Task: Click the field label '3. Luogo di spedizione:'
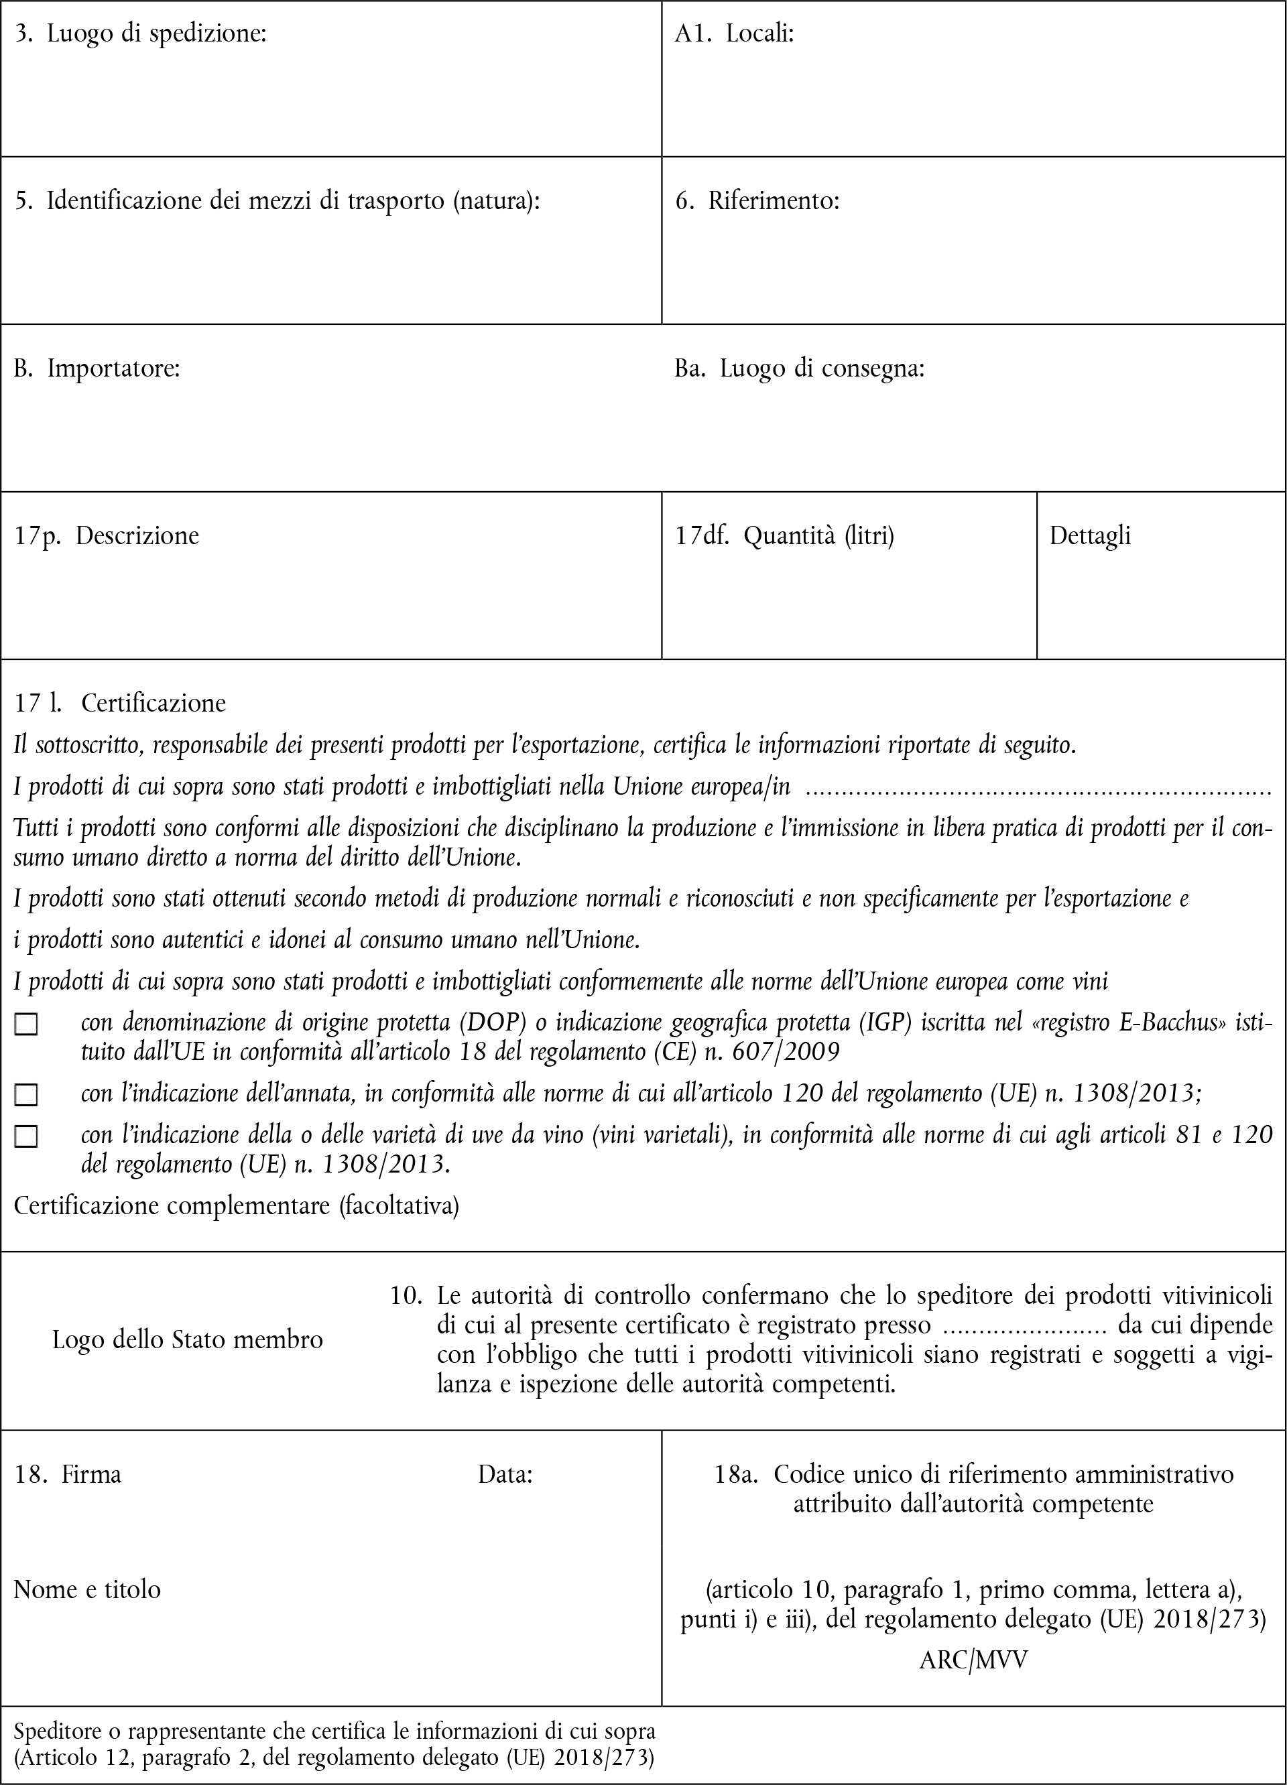click(141, 34)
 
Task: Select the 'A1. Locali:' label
click(733, 34)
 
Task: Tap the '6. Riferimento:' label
click(757, 202)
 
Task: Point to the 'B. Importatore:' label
click(97, 369)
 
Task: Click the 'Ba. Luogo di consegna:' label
click(799, 369)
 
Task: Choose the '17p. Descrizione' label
click(107, 536)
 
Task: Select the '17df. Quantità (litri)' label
click(784, 536)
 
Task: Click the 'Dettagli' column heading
click(1089, 536)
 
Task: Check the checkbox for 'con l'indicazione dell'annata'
click(27, 1095)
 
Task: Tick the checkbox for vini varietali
click(27, 1136)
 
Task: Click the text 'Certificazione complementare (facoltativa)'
click(236, 1205)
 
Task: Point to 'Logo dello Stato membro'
click(187, 1339)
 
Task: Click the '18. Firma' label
click(68, 1474)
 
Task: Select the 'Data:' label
click(505, 1474)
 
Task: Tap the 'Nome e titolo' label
click(86, 1589)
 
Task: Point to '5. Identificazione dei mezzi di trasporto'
click(277, 202)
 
